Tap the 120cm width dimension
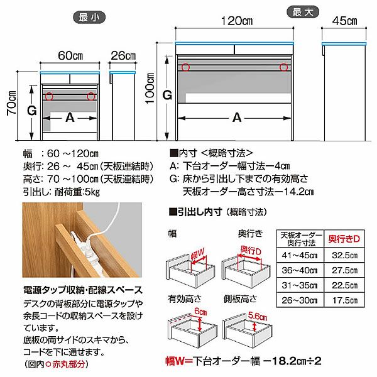pyautogui.click(x=235, y=21)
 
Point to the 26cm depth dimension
pyautogui.click(x=123, y=55)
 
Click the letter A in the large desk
pyautogui.click(x=236, y=117)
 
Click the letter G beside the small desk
pyautogui.click(x=28, y=110)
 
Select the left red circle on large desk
pyautogui.click(x=185, y=67)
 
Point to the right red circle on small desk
pyautogui.click(x=92, y=96)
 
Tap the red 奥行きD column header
pyautogui.click(x=344, y=239)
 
